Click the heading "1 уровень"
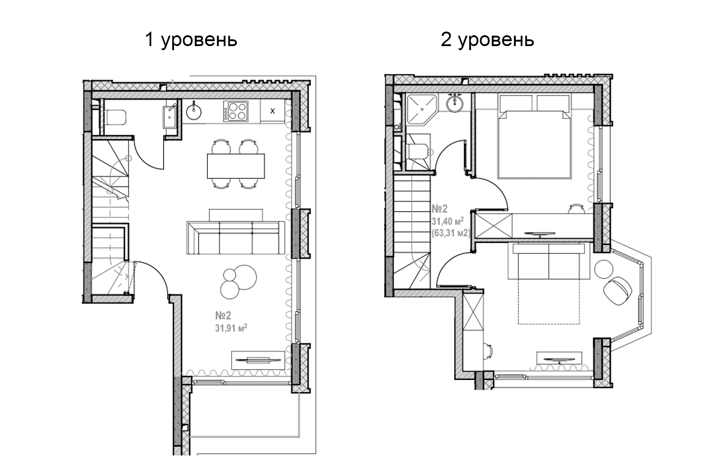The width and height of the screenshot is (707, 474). (x=190, y=40)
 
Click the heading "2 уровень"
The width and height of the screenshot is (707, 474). (x=487, y=40)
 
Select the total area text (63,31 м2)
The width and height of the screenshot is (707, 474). (x=451, y=233)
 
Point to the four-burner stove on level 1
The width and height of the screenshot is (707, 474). (x=236, y=111)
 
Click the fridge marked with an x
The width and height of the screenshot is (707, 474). (x=272, y=111)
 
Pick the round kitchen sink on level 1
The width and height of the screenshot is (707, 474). (x=195, y=110)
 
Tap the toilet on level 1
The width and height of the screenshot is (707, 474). (x=115, y=117)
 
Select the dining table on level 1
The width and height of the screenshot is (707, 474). (x=236, y=166)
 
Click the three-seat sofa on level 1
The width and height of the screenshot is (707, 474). (x=236, y=238)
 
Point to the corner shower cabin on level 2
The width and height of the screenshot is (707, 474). (x=420, y=109)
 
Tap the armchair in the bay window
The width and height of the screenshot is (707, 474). (x=617, y=290)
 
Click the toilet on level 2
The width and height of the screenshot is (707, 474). (x=418, y=151)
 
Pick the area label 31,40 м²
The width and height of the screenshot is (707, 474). (x=447, y=221)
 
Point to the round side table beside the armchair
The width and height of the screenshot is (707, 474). (x=603, y=269)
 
